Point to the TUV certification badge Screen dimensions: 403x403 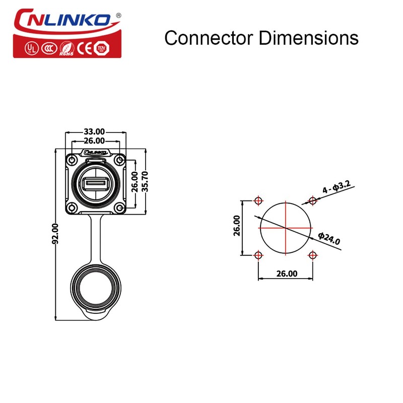click(x=102, y=48)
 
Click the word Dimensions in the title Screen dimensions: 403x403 click(x=308, y=38)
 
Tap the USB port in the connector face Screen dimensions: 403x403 click(x=96, y=183)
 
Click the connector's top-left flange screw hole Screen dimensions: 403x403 click(x=73, y=160)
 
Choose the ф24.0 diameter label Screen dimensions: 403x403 click(x=329, y=238)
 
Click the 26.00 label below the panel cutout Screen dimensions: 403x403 click(x=286, y=274)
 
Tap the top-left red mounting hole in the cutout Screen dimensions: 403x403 click(x=258, y=201)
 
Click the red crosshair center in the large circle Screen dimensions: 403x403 click(x=286, y=228)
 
